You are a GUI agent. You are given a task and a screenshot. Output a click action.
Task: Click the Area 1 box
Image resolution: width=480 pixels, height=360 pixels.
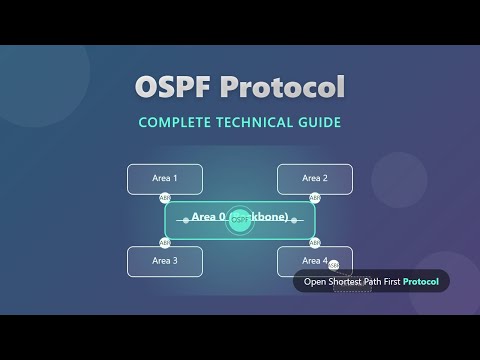pyautogui.click(x=165, y=179)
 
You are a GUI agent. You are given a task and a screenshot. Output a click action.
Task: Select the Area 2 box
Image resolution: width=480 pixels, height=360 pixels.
pyautogui.click(x=315, y=179)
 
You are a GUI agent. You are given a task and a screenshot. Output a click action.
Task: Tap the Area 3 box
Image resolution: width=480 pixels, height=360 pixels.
pyautogui.click(x=165, y=261)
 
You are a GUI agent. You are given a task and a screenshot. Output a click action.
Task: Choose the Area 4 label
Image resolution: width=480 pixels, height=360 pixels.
pyautogui.click(x=314, y=261)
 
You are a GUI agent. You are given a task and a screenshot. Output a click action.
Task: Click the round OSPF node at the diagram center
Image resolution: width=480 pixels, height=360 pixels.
pyautogui.click(x=240, y=219)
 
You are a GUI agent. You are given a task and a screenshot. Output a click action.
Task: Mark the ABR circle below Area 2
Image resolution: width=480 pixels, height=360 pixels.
pyautogui.click(x=315, y=198)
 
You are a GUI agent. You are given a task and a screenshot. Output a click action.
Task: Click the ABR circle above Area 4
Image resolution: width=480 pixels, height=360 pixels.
pyautogui.click(x=315, y=242)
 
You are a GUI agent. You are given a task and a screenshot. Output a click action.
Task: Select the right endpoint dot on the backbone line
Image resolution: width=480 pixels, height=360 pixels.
pyautogui.click(x=295, y=220)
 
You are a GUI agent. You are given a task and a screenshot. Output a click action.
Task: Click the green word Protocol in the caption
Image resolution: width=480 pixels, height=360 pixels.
pyautogui.click(x=420, y=282)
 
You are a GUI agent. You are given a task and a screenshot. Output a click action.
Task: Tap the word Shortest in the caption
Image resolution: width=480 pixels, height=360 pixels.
pyautogui.click(x=346, y=282)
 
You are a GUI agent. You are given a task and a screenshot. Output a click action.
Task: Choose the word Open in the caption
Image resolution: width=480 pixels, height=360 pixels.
pyautogui.click(x=315, y=282)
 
